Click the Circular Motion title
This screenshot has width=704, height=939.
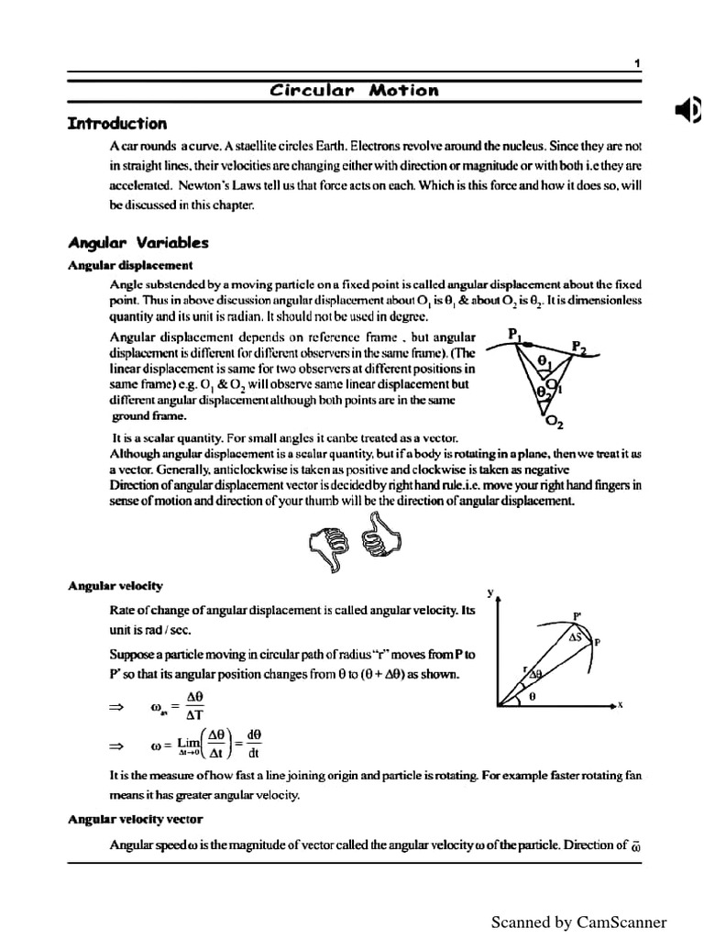click(354, 90)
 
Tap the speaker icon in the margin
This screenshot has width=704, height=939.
click(688, 112)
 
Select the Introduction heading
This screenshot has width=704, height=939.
click(117, 124)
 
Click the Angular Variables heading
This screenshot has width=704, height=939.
click(138, 243)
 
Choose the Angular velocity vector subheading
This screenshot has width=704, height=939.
click(135, 818)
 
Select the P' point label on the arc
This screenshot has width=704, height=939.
click(577, 616)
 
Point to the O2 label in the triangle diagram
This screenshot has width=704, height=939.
click(555, 423)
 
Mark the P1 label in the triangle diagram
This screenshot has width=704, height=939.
click(514, 335)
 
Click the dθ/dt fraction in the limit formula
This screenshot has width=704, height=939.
click(254, 744)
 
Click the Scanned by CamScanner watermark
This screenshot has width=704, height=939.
click(578, 922)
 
